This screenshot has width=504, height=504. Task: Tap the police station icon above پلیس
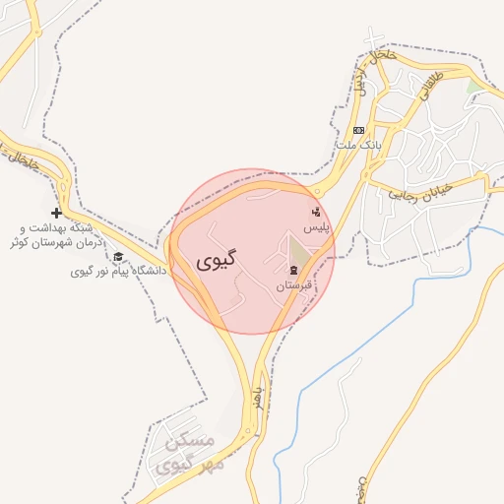[315, 211]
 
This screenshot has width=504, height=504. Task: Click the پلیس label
[315, 226]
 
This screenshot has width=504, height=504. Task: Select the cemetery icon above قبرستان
[293, 271]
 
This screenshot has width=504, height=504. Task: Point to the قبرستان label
[293, 285]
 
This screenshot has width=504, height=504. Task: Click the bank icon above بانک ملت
[358, 130]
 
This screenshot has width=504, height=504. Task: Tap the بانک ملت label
[358, 145]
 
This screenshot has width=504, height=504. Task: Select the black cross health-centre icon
[56, 213]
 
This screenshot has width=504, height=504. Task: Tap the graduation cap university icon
[118, 257]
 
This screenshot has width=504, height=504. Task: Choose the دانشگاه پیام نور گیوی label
[118, 271]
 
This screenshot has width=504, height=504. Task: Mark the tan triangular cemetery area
[299, 251]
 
